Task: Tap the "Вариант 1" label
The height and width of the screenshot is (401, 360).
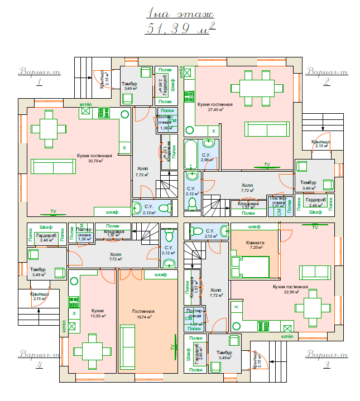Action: tap(39, 76)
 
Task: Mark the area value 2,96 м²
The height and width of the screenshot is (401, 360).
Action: tap(206, 160)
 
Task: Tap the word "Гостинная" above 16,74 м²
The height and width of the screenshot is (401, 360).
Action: tap(143, 311)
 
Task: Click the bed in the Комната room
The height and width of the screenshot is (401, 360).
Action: tap(255, 266)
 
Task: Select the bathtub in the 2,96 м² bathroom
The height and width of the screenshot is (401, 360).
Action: tap(190, 154)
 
